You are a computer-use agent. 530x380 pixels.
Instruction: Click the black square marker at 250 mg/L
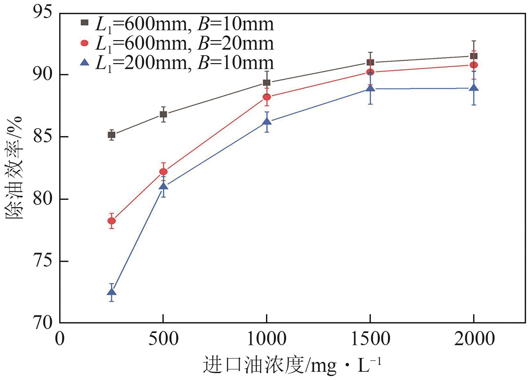[111, 135]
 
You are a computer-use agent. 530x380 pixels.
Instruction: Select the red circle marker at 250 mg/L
[111, 221]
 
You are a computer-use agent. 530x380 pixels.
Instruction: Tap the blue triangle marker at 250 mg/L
[111, 292]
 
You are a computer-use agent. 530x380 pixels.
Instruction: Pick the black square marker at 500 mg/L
[163, 114]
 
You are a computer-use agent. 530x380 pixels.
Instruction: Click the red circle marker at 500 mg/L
[163, 172]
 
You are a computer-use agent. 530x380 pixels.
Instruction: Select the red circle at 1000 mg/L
[267, 97]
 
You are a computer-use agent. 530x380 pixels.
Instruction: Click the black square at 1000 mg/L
[267, 83]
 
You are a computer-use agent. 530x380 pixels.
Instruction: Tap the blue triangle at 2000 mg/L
[474, 88]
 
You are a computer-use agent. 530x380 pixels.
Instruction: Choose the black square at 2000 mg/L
[474, 56]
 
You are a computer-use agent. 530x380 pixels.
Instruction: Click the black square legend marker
[85, 22]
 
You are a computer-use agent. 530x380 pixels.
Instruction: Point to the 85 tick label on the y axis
[42, 137]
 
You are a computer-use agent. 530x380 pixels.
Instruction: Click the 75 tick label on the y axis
[42, 262]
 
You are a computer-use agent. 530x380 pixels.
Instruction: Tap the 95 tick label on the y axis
[42, 13]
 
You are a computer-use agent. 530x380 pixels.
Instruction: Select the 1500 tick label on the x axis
[371, 339]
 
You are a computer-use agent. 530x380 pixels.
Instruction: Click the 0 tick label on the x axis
[60, 339]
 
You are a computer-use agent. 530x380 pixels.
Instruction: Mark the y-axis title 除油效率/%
[14, 168]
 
